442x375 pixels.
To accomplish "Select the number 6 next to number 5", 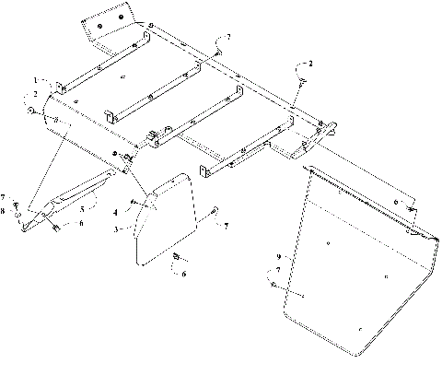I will click(x=80, y=222).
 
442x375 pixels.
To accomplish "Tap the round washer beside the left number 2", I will click(x=31, y=111).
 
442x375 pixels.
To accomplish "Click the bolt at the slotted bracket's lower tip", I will click(x=55, y=224).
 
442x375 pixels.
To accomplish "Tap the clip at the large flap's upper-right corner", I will click(x=413, y=214).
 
